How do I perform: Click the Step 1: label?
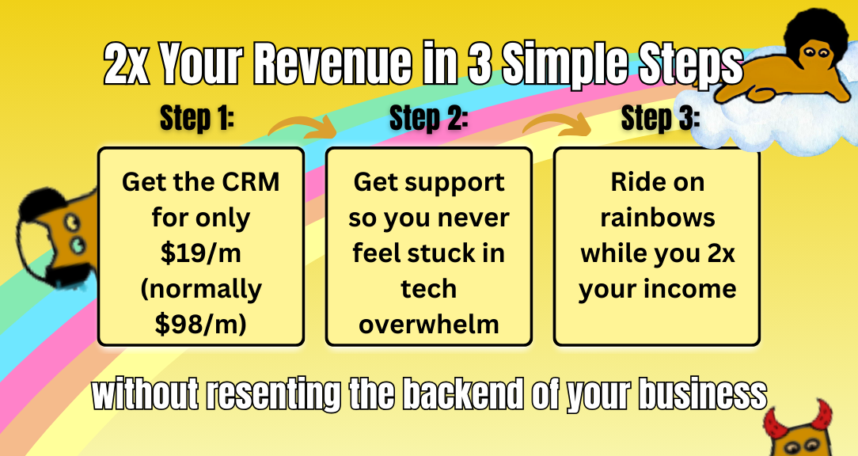pyautogui.click(x=197, y=118)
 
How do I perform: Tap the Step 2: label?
pyautogui.click(x=428, y=118)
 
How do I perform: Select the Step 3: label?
pyautogui.click(x=660, y=118)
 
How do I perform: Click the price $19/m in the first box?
pyautogui.click(x=201, y=253)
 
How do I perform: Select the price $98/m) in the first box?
pyautogui.click(x=201, y=324)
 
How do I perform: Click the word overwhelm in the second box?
pyautogui.click(x=428, y=325)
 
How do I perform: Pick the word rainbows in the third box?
pyautogui.click(x=657, y=218)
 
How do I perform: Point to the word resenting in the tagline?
pyautogui.click(x=273, y=395)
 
